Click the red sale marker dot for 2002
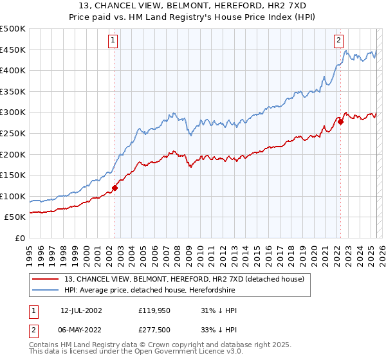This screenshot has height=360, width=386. tap(115, 188)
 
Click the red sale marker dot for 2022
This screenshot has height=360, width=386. tap(341, 122)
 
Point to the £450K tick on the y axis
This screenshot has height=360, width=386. tap(13, 50)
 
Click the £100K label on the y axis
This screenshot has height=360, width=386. tap(13, 196)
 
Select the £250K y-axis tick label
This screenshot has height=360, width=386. tap(13, 133)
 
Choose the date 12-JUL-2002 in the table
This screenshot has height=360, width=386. tap(81, 310)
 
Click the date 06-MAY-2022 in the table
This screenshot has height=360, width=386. tap(82, 331)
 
